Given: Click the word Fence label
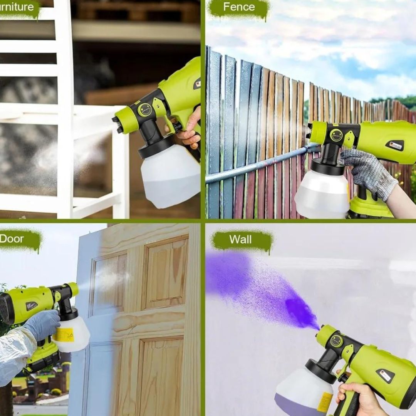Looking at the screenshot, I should (239, 7).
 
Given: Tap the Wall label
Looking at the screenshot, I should (240, 240).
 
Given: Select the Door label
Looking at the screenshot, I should (12, 238).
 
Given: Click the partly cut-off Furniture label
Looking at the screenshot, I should (17, 7).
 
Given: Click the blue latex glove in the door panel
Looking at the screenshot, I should (42, 324).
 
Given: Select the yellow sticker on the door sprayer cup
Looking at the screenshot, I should (64, 335).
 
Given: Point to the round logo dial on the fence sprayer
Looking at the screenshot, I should (336, 135).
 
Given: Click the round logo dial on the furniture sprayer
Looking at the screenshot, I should (145, 110).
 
